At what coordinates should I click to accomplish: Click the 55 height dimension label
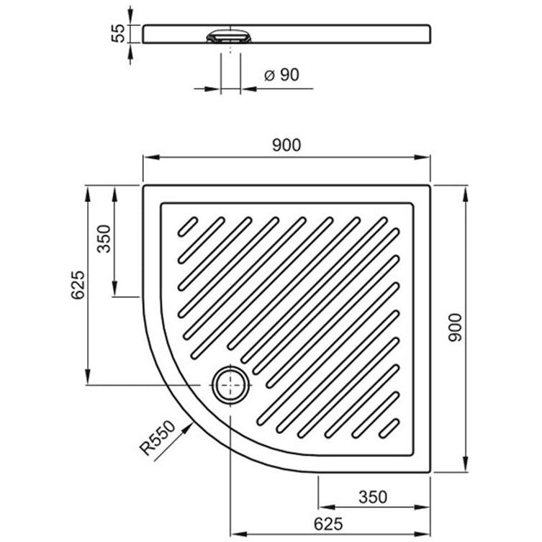(119, 33)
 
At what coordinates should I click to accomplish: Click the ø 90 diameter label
(281, 75)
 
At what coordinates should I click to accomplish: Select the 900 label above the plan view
(286, 145)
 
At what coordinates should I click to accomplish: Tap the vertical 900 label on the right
(455, 328)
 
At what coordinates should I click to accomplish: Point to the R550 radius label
(158, 438)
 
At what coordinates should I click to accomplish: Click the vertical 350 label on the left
(104, 239)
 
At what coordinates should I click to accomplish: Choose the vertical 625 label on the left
(78, 285)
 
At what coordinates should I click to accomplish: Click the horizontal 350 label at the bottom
(373, 497)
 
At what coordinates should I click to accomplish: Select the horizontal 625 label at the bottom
(328, 524)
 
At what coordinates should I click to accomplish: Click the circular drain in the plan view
(230, 384)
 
